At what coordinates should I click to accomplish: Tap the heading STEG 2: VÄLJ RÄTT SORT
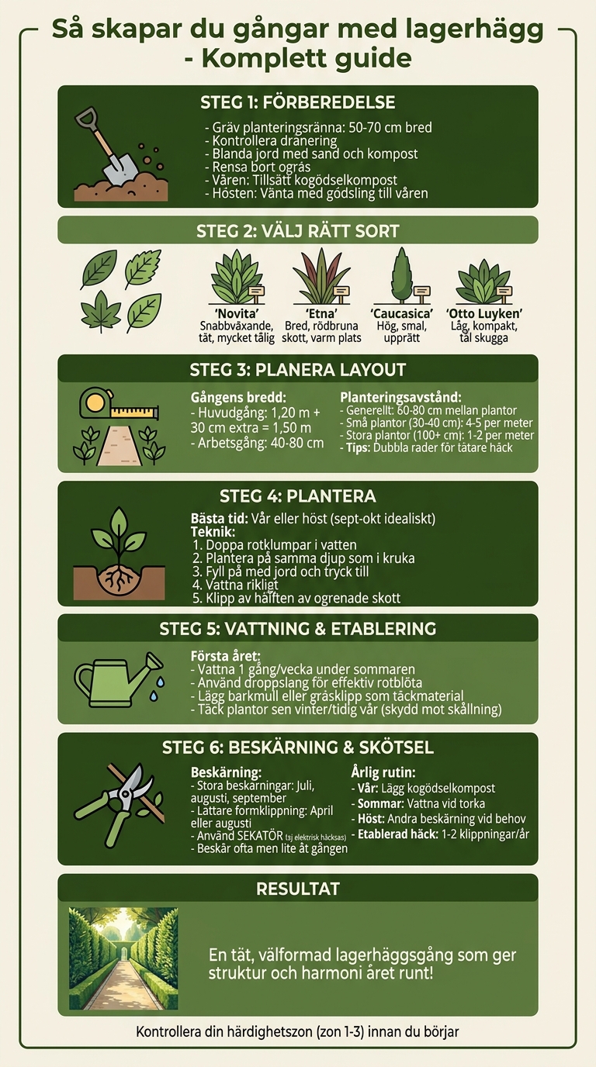click(297, 231)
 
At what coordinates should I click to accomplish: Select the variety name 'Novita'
click(237, 313)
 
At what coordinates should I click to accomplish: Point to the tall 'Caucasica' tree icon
click(401, 275)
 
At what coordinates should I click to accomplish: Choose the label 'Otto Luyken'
click(484, 313)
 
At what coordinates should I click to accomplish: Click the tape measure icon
click(118, 405)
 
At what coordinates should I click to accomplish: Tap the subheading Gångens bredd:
click(238, 397)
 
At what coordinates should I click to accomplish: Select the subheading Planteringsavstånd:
click(400, 397)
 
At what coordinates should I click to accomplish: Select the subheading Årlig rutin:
click(383, 772)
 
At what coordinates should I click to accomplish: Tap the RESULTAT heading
click(297, 889)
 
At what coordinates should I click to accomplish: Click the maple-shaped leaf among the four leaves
click(101, 312)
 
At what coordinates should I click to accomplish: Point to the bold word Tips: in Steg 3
click(355, 447)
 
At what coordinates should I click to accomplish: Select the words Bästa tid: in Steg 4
click(220, 518)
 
